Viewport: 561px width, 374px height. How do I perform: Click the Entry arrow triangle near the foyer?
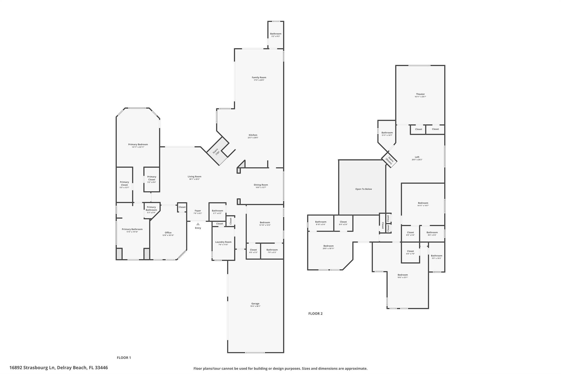pyautogui.click(x=198, y=224)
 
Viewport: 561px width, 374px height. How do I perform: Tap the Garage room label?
pyautogui.click(x=255, y=304)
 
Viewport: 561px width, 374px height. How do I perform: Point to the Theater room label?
pyautogui.click(x=420, y=94)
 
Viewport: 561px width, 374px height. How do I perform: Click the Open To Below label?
pyautogui.click(x=363, y=189)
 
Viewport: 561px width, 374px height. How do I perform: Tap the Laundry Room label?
pyautogui.click(x=223, y=242)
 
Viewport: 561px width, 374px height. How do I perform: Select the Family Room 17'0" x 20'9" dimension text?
pyautogui.click(x=259, y=80)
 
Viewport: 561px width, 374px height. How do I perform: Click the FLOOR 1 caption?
pyautogui.click(x=124, y=358)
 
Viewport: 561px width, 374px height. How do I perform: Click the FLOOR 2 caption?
pyautogui.click(x=315, y=313)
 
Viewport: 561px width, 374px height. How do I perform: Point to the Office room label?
pyautogui.click(x=168, y=233)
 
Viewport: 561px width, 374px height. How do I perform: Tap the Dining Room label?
pyautogui.click(x=261, y=185)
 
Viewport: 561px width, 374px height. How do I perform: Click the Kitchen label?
pyautogui.click(x=253, y=135)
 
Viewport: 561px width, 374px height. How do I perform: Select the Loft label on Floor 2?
pyautogui.click(x=417, y=157)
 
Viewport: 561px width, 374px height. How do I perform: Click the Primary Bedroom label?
pyautogui.click(x=138, y=144)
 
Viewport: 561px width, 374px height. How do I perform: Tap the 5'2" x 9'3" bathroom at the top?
pyautogui.click(x=276, y=35)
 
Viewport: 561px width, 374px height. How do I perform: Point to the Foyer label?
pyautogui.click(x=198, y=211)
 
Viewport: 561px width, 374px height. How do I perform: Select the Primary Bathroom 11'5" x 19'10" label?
pyautogui.click(x=132, y=230)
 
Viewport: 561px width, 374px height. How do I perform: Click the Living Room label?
pyautogui.click(x=194, y=176)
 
